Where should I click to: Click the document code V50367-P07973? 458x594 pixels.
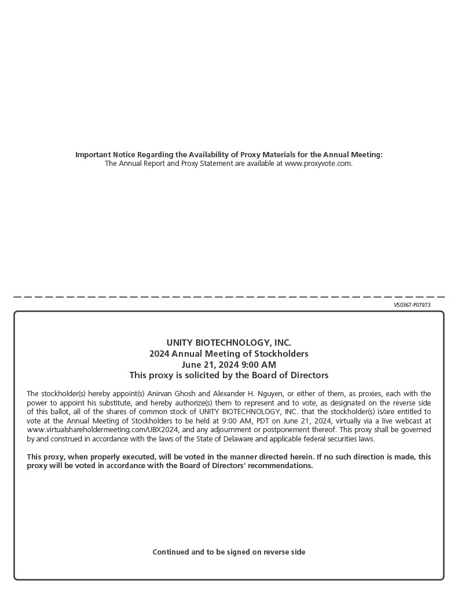tap(412, 305)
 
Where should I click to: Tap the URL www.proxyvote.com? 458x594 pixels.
tap(318, 164)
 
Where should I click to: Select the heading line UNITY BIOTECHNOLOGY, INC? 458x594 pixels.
tap(229, 343)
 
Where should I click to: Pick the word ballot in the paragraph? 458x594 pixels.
tap(57, 412)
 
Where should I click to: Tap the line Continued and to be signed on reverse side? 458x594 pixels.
tap(229, 552)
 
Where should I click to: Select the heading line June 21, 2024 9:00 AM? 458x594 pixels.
tap(229, 365)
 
